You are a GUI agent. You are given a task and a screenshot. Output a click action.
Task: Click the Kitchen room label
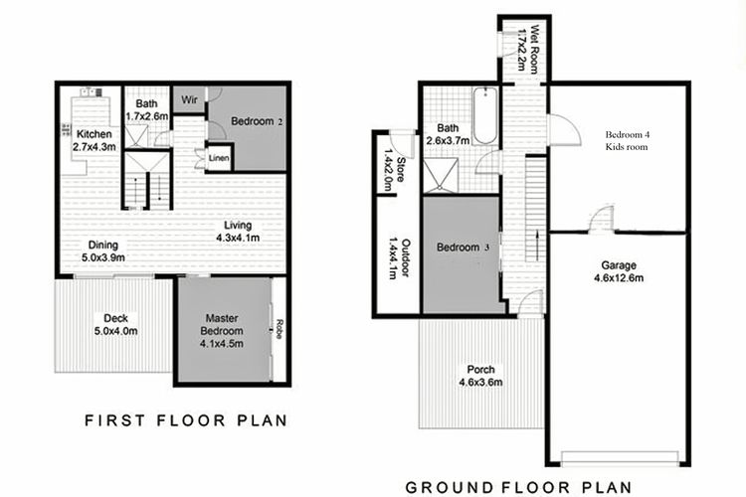(94, 134)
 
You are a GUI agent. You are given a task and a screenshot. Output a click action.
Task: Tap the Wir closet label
(189, 99)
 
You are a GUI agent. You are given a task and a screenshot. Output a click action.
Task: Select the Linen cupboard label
(219, 158)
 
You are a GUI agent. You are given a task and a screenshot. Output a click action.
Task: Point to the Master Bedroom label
(222, 324)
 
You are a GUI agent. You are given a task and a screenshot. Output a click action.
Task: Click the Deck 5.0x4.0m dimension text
(116, 331)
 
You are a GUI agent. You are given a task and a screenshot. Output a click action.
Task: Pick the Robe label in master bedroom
(279, 329)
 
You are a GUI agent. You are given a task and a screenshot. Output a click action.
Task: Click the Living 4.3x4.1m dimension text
(238, 238)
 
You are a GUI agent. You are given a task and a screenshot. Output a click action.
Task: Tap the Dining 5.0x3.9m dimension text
(103, 257)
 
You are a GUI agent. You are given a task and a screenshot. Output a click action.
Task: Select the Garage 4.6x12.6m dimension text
(619, 277)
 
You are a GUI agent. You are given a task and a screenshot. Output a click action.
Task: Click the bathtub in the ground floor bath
(484, 115)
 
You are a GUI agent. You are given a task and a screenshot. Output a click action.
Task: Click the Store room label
(400, 170)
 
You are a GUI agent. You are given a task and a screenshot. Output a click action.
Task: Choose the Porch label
(480, 369)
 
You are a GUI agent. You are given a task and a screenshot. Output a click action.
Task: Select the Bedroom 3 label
(463, 248)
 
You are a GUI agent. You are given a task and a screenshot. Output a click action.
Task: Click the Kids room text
(627, 147)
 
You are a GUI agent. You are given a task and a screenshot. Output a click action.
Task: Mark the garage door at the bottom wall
(620, 458)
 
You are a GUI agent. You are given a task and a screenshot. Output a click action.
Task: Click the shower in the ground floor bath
(441, 176)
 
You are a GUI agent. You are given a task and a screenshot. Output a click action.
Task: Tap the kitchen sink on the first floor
(91, 92)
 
